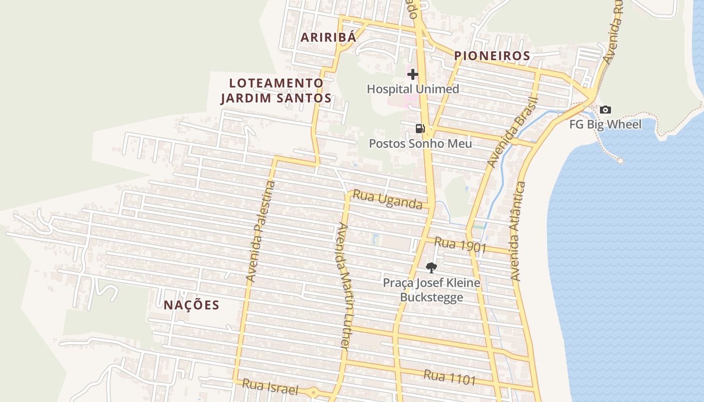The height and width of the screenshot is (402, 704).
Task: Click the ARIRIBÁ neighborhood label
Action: point(328,37)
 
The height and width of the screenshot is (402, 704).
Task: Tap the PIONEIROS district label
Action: point(492,56)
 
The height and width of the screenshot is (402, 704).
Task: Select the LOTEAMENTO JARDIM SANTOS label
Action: point(276,90)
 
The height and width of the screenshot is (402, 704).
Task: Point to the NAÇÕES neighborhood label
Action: point(192,305)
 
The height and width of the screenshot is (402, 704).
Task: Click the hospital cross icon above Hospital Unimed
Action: point(413,75)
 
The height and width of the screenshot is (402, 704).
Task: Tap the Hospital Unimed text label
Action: point(413,89)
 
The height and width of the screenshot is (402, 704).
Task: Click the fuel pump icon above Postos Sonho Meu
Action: point(420,129)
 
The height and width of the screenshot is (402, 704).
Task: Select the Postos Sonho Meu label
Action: point(420,144)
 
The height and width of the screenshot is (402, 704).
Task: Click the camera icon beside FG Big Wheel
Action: point(605,110)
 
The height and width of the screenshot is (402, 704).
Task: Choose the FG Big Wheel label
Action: point(605,124)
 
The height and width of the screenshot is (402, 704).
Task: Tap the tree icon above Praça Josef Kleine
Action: point(431,268)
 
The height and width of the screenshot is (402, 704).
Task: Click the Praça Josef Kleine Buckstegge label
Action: point(431,290)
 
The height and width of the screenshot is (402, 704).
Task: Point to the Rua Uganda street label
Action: point(387,199)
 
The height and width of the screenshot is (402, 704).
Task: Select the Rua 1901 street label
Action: point(460,245)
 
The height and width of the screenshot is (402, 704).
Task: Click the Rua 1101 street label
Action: point(449,377)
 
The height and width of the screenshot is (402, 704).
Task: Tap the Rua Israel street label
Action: point(270,387)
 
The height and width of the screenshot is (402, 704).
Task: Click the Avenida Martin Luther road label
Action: point(343,285)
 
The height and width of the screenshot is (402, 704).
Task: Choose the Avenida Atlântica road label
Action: point(518,231)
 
